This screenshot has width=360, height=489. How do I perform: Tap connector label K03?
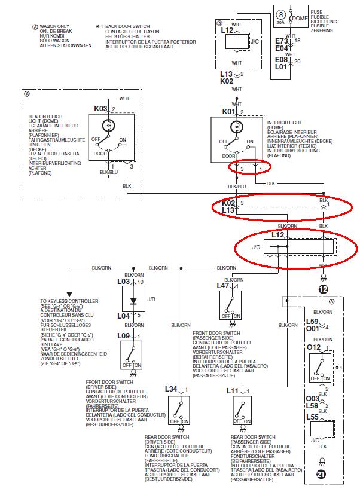(x=100, y=109)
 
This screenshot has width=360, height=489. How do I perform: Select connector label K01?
(x=229, y=112)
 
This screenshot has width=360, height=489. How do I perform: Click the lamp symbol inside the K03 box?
(x=108, y=126)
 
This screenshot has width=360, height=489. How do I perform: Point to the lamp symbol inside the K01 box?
(x=236, y=127)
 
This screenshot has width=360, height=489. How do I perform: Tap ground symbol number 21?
(x=322, y=475)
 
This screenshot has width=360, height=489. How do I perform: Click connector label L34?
(x=172, y=389)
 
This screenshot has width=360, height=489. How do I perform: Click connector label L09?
(x=124, y=336)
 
